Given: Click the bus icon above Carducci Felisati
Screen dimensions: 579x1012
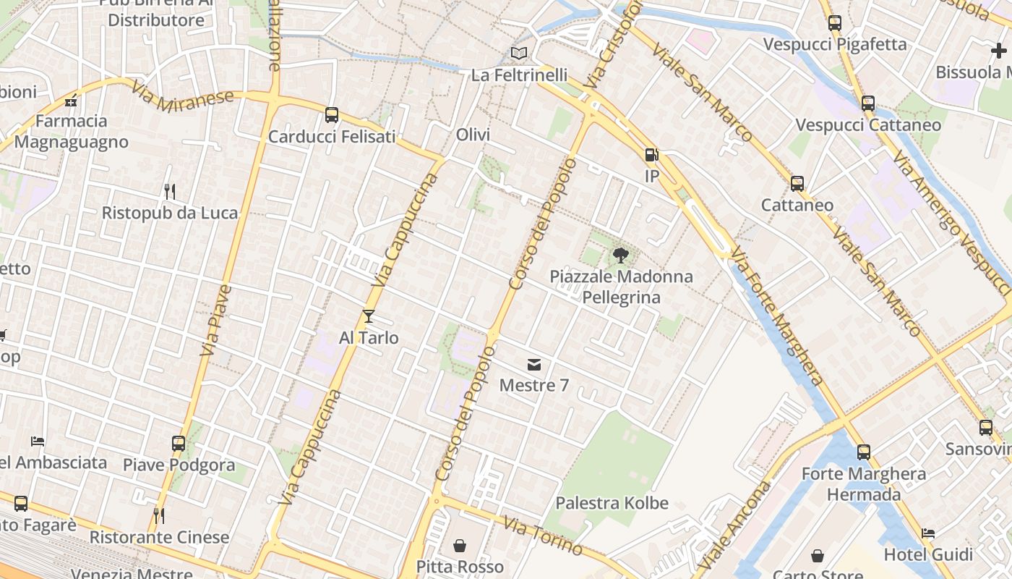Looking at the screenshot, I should tap(332, 114).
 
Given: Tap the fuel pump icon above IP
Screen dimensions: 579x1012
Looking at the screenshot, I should tap(651, 155).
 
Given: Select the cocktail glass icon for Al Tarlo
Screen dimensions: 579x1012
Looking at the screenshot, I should tap(369, 316).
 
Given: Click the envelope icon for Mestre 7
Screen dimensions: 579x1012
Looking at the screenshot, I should tap(534, 364).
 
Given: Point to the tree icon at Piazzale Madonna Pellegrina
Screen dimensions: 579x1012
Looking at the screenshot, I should tap(620, 255).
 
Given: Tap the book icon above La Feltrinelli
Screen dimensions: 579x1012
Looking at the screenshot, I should tap(519, 53).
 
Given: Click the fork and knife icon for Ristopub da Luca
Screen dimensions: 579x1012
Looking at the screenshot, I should tap(170, 192).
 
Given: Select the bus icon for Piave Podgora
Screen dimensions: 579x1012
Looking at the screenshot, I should tap(179, 443).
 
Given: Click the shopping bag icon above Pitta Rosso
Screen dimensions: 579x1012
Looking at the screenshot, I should tap(460, 545).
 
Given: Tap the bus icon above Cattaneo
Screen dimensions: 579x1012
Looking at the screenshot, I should tap(797, 184).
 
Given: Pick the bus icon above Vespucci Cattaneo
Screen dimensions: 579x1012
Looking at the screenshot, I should tap(868, 103).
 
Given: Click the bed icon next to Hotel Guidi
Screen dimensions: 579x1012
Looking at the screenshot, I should tap(928, 533).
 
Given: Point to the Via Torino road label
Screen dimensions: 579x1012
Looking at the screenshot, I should tap(543, 536).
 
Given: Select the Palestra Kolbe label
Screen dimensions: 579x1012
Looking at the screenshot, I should tap(612, 503).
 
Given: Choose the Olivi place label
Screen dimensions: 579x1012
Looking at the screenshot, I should tap(473, 135).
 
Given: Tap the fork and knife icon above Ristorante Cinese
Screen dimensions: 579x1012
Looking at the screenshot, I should tap(159, 516).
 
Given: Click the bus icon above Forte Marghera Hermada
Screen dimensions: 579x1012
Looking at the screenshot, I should tap(864, 452).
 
